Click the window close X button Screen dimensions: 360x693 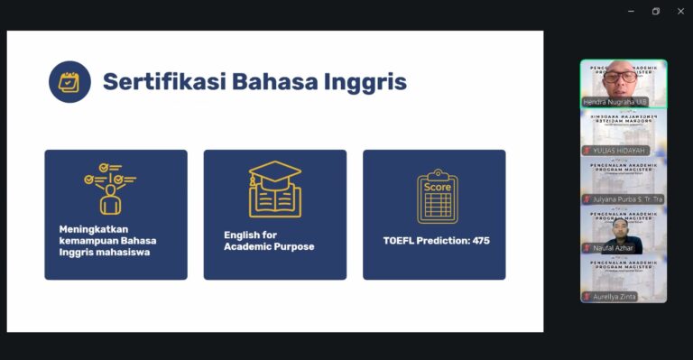(680, 11)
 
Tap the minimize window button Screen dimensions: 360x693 (632, 11)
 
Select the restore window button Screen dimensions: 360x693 (656, 11)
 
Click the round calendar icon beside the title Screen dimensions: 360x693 (69, 82)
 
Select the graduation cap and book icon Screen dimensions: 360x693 (274, 189)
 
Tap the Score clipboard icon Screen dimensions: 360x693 (437, 196)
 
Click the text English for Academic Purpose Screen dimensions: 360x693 (269, 241)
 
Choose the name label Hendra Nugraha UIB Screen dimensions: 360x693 (615, 102)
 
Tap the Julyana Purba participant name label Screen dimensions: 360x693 (626, 198)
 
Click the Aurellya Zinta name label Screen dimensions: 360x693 (615, 296)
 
